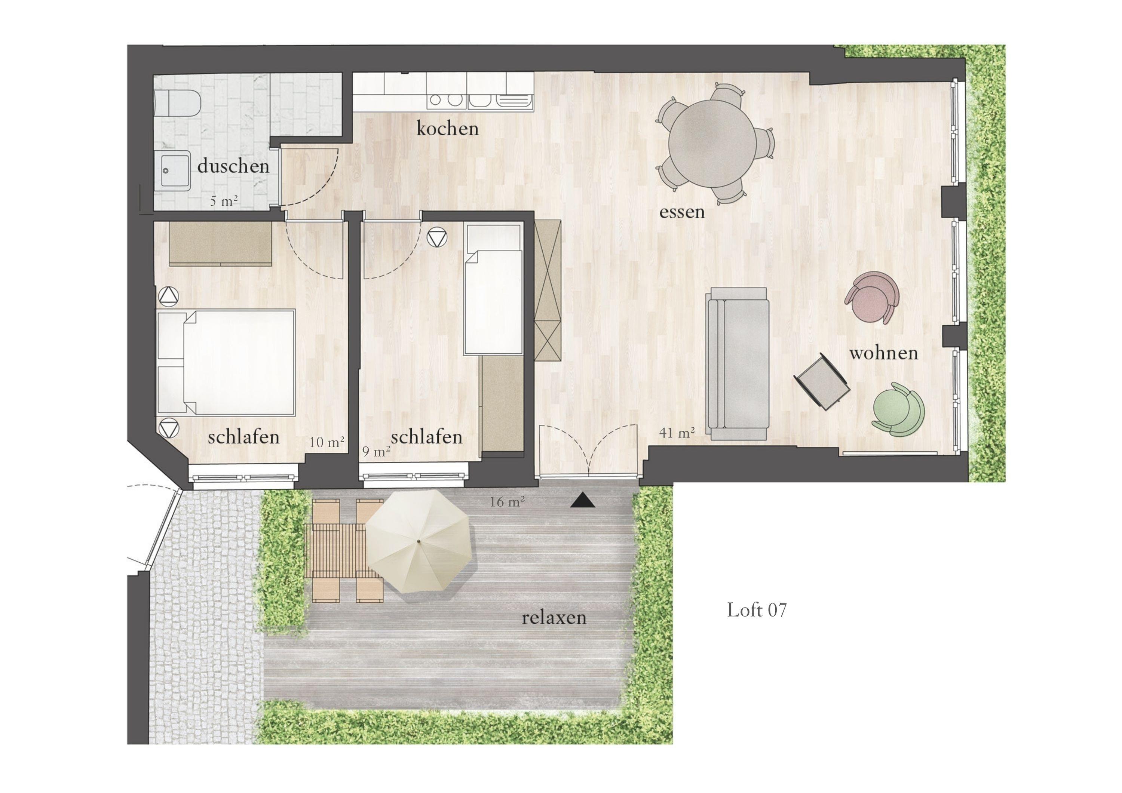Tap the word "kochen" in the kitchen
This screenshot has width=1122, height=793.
point(447,129)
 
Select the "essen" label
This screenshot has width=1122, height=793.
point(682,212)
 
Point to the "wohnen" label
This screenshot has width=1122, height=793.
point(883,353)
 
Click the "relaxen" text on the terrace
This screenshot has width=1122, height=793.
point(554,618)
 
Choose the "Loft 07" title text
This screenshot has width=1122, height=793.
point(757,610)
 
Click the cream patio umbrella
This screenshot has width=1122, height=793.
point(419,541)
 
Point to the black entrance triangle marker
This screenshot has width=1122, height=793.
point(583,500)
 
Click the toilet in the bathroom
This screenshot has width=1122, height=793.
point(177,103)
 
